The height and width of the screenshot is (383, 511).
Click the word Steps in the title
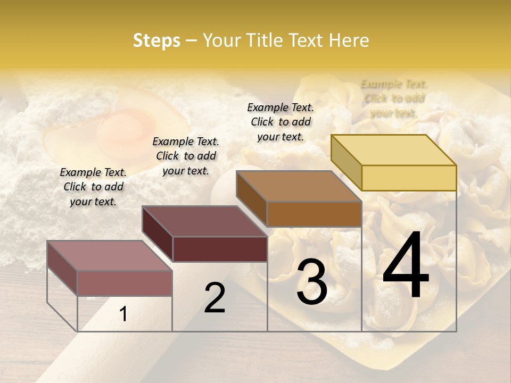156,40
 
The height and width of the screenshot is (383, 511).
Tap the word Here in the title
349,40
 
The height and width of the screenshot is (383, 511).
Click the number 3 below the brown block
312,282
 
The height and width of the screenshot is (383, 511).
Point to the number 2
215,298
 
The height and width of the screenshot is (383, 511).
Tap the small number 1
123,314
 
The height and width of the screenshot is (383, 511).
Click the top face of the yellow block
393,150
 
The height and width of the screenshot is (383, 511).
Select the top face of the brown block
299,186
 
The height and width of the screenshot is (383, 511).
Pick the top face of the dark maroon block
204,221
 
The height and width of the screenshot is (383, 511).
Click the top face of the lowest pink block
110,256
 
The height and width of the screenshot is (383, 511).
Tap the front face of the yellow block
409,178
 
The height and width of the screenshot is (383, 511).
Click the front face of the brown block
314,214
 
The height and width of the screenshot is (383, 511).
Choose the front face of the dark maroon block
220,249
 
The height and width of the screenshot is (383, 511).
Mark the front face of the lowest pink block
125,283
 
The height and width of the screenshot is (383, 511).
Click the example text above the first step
93,187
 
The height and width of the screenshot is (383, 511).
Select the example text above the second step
186,156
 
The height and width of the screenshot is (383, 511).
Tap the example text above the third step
281,122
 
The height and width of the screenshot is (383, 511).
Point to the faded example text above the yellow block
394,98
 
